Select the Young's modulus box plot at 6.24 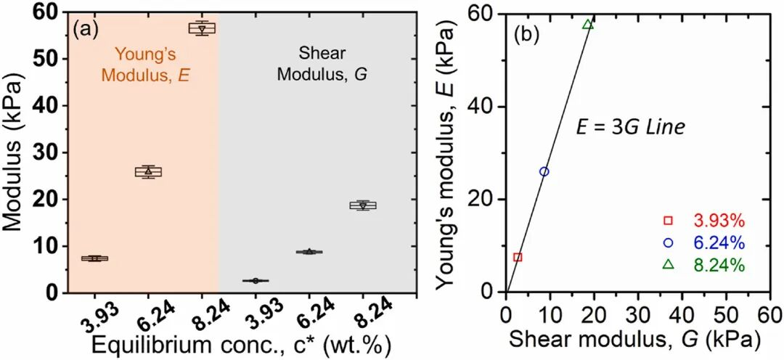tap(148, 172)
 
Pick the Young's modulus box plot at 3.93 tap(94, 258)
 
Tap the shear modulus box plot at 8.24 tap(363, 205)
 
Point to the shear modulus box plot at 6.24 tap(309, 252)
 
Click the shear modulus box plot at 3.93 tap(256, 280)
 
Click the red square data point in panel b tap(518, 257)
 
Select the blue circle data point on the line tap(544, 171)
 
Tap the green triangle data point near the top tap(588, 24)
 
